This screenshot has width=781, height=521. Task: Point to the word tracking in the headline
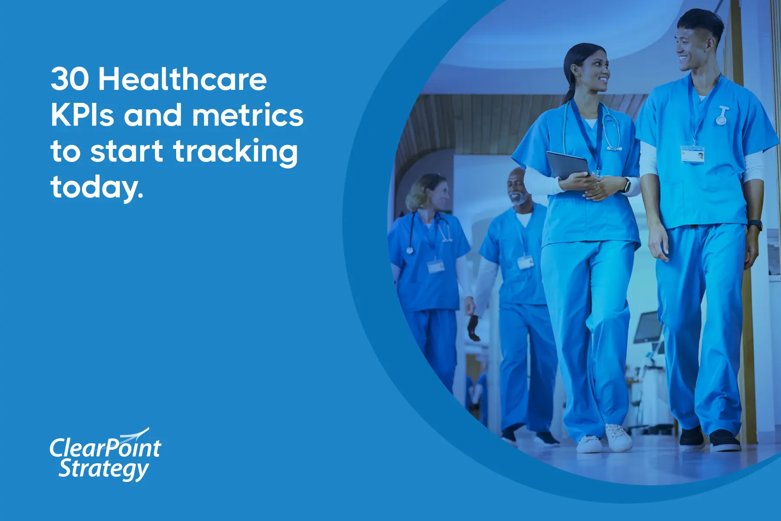236,152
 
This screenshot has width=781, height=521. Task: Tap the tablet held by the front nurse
568,165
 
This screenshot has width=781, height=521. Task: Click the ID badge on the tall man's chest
692,155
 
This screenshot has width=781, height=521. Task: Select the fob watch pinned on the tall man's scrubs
722,115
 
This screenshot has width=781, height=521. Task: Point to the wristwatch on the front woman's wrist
626,185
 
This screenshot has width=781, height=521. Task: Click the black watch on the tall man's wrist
755,225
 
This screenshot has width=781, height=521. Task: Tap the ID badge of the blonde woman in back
436,266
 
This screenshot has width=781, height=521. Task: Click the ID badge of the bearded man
525,262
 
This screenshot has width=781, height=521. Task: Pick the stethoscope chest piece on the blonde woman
410,250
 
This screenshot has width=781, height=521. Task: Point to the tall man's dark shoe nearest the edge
725,441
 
